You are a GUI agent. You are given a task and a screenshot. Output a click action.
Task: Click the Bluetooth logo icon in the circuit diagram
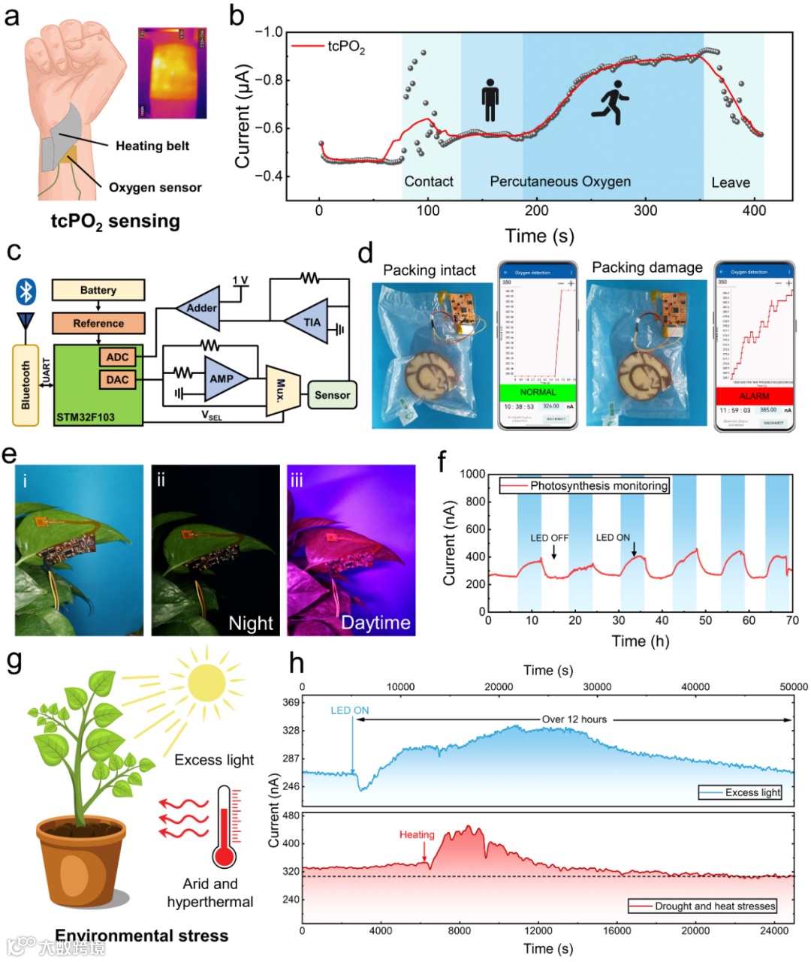[x=26, y=291]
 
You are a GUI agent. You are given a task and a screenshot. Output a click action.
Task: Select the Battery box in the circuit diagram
[x=98, y=291]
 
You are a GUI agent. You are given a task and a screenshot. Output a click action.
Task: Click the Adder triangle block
[x=200, y=308]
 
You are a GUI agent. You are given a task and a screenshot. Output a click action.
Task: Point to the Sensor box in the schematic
[x=332, y=395]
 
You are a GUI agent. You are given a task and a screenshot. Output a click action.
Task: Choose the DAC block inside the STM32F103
[x=117, y=380]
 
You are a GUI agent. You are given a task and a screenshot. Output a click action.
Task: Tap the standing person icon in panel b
[x=490, y=100]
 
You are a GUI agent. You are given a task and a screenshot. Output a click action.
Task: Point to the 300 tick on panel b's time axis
[x=646, y=210]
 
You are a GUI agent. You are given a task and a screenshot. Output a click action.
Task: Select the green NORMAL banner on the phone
[x=538, y=392]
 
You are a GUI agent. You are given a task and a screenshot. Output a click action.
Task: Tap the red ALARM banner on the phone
[x=754, y=396]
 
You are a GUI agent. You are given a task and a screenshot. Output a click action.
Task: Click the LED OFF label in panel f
[x=550, y=538]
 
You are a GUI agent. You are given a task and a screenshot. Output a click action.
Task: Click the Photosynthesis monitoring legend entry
[x=583, y=486]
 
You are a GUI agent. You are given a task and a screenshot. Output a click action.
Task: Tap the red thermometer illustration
[x=224, y=827]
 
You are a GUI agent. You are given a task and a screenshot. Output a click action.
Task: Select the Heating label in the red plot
[x=417, y=834]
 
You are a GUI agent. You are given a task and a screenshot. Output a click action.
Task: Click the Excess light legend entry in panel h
[x=740, y=792]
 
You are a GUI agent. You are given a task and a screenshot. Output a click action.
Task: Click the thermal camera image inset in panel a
[x=172, y=74]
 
